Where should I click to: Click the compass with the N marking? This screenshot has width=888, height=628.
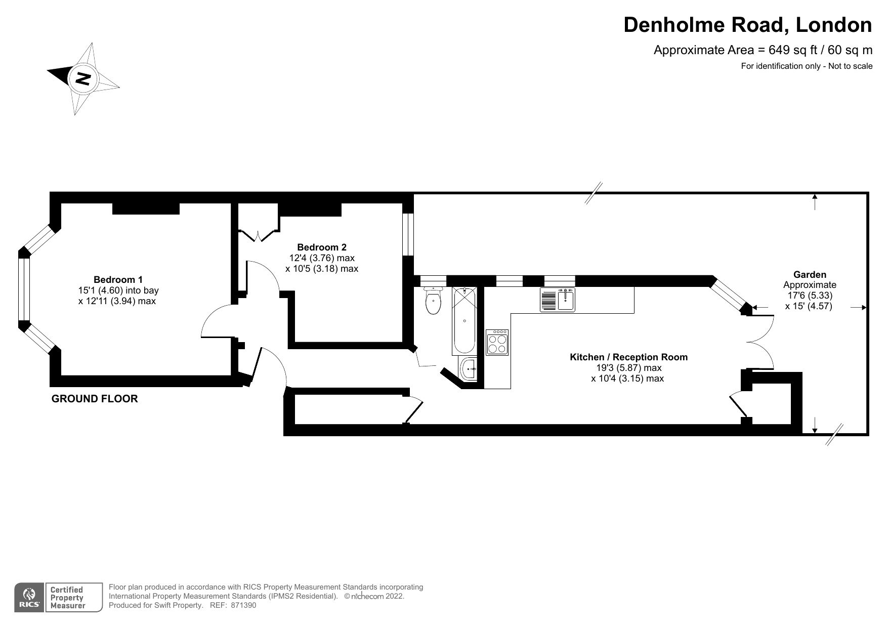tap(82, 79)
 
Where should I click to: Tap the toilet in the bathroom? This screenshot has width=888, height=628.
tap(433, 302)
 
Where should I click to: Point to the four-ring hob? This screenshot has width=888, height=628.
tap(497, 343)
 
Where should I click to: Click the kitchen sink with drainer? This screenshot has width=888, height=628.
tap(558, 300)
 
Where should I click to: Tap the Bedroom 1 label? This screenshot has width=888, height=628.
tap(118, 279)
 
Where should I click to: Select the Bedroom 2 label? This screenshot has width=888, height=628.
tap(321, 247)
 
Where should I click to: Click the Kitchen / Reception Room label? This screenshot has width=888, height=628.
tap(628, 357)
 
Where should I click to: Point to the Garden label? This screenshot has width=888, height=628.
tap(809, 274)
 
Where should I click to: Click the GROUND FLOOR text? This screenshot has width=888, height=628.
tap(95, 399)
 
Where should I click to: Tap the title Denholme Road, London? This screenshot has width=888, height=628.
tap(747, 25)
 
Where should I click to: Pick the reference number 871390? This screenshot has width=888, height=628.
tap(243, 605)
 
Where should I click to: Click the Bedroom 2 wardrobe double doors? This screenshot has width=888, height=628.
tap(258, 235)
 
